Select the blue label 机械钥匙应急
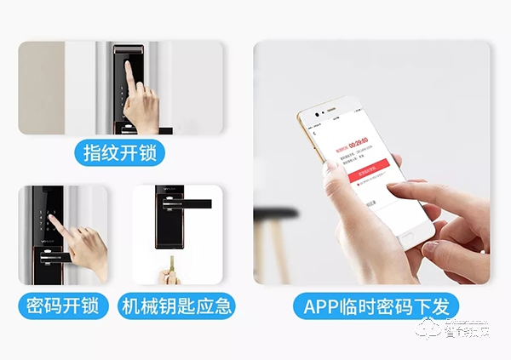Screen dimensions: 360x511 coord(176,306)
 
